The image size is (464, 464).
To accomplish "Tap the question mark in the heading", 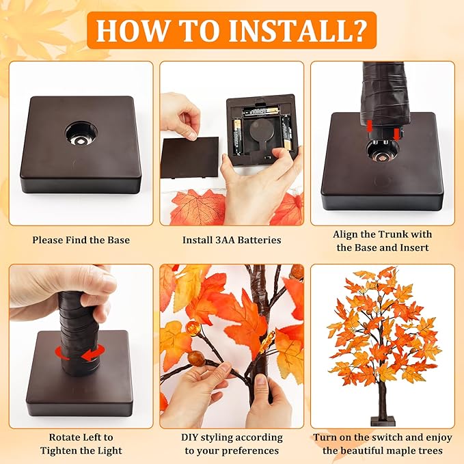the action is coord(356,30).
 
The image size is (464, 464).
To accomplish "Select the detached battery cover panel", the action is coord(190,157).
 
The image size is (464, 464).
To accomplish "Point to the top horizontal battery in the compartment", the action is coord(260,111).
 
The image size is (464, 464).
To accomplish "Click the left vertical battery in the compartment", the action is coord(237,136).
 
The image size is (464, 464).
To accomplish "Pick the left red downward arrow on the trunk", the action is coord(369,126).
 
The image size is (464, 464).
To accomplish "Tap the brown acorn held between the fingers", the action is coord(194,357).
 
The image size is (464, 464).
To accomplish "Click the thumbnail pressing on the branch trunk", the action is coord(260,380).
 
